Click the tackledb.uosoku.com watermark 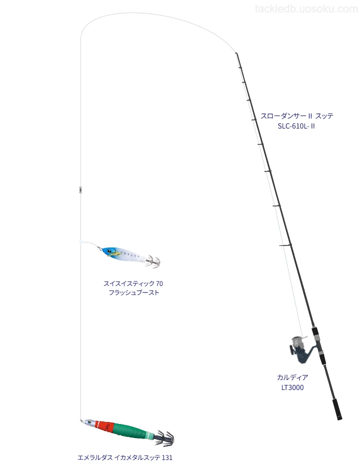[306, 9]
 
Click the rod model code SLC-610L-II [296, 126]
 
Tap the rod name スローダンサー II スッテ [296, 115]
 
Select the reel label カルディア [292, 377]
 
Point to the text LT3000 [292, 387]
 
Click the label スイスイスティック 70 [133, 283]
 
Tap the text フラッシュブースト [133, 292]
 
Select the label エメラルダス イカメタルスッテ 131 [125, 457]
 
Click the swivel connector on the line [80, 189]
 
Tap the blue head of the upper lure [108, 251]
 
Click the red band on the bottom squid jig [104, 426]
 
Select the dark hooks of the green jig [164, 438]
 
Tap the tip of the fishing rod [236, 53]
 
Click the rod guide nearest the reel [285, 244]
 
